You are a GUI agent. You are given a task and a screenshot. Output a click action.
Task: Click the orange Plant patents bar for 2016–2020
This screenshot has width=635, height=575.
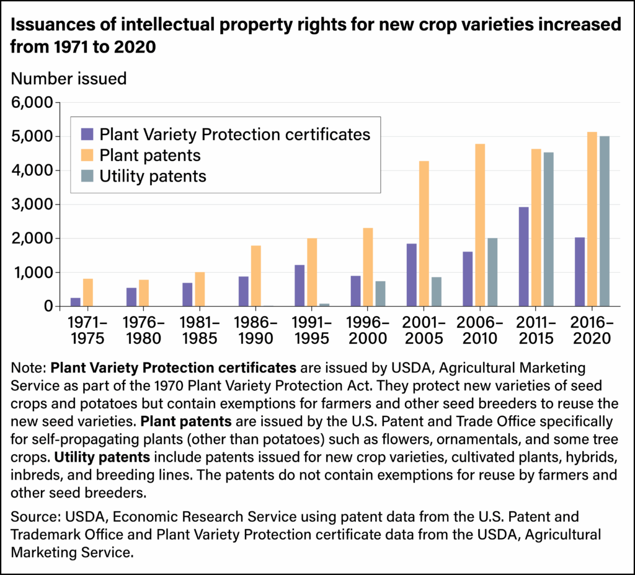coord(592,219)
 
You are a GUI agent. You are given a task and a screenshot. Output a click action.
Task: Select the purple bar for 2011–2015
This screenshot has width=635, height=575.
coord(524,257)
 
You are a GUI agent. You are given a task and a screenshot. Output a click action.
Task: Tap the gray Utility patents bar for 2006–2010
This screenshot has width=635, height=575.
coord(492,272)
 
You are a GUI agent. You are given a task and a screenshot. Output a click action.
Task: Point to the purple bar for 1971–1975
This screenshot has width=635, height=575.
coord(76,302)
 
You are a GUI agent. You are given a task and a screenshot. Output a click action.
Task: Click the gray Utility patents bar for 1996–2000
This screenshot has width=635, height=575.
coord(380,294)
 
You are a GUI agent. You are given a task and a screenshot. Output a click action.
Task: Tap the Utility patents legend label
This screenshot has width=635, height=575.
coord(153,176)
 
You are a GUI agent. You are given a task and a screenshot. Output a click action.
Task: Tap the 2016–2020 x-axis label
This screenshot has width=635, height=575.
coord(592,330)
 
